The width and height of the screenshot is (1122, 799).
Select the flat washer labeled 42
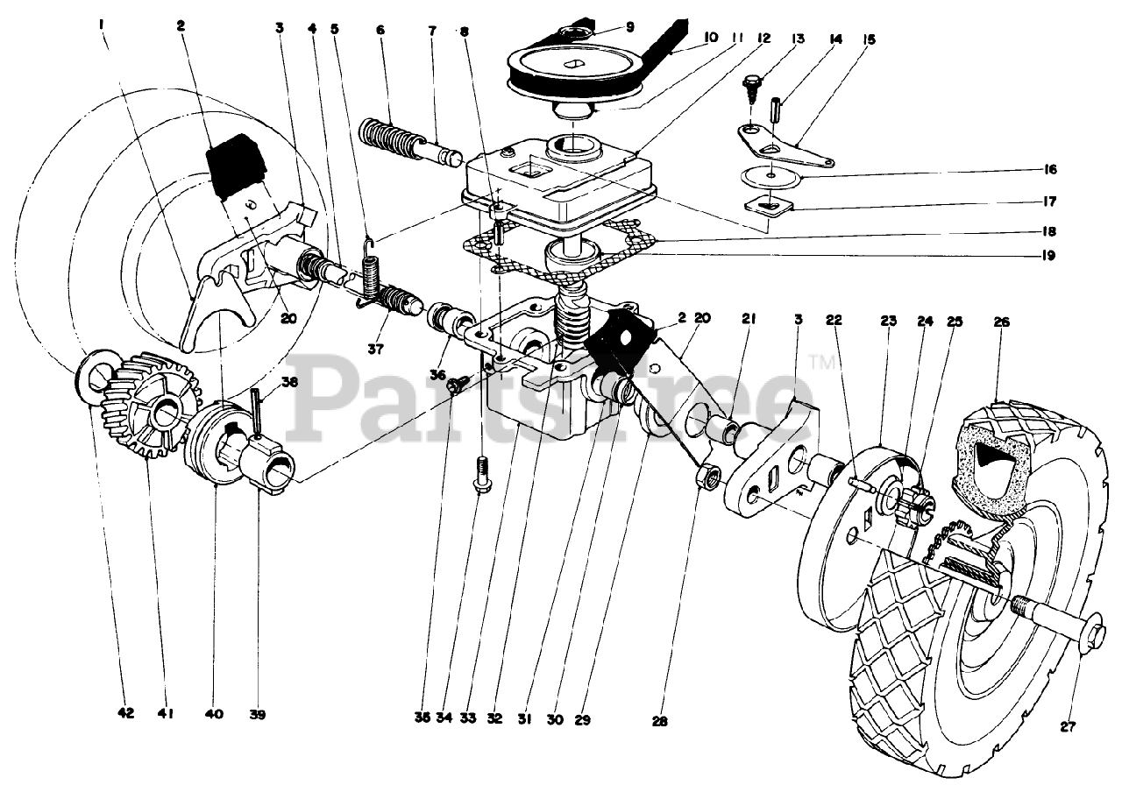[94, 376]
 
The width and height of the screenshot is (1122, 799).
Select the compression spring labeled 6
[392, 138]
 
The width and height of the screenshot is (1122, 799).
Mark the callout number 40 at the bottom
[216, 714]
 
